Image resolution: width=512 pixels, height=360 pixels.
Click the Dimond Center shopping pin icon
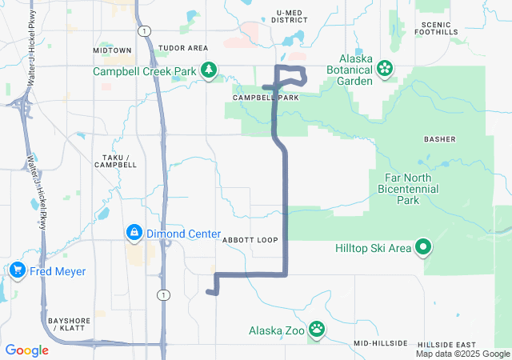[x=133, y=234]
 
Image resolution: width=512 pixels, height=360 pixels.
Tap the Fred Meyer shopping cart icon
[x=17, y=271]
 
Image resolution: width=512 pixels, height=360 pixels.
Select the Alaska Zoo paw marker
[x=318, y=328]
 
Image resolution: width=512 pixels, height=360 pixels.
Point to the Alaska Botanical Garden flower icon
[x=385, y=69]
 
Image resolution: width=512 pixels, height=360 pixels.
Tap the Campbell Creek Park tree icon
[x=208, y=70]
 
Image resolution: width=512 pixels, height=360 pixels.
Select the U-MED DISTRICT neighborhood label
[x=290, y=17]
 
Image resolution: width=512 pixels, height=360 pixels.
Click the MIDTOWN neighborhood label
[x=112, y=50]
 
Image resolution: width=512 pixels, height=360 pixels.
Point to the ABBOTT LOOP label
[x=250, y=240]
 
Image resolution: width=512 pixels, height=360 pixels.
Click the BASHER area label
[x=439, y=139]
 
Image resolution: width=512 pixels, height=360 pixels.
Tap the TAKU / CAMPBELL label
[x=115, y=160]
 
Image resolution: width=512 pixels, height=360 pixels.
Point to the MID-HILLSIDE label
[x=381, y=343]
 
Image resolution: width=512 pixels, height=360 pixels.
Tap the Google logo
[x=27, y=350]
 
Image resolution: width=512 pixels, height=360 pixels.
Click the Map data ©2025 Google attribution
[x=462, y=354]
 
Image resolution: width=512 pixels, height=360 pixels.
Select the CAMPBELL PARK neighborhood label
[x=265, y=98]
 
